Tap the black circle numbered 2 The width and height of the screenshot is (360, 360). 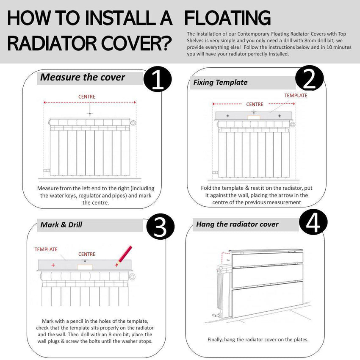(310, 79)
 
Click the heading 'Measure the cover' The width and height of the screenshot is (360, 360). (83, 78)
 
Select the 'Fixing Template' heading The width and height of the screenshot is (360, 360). (220, 82)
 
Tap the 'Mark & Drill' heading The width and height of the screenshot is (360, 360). (61, 224)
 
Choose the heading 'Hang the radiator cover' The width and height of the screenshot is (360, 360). (237, 224)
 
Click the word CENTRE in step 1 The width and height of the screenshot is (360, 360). (87, 97)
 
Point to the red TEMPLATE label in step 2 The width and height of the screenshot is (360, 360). (296, 95)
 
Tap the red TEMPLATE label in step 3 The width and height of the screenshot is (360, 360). (46, 249)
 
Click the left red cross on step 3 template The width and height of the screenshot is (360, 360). (53, 265)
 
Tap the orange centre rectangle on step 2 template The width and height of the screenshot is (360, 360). (254, 116)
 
